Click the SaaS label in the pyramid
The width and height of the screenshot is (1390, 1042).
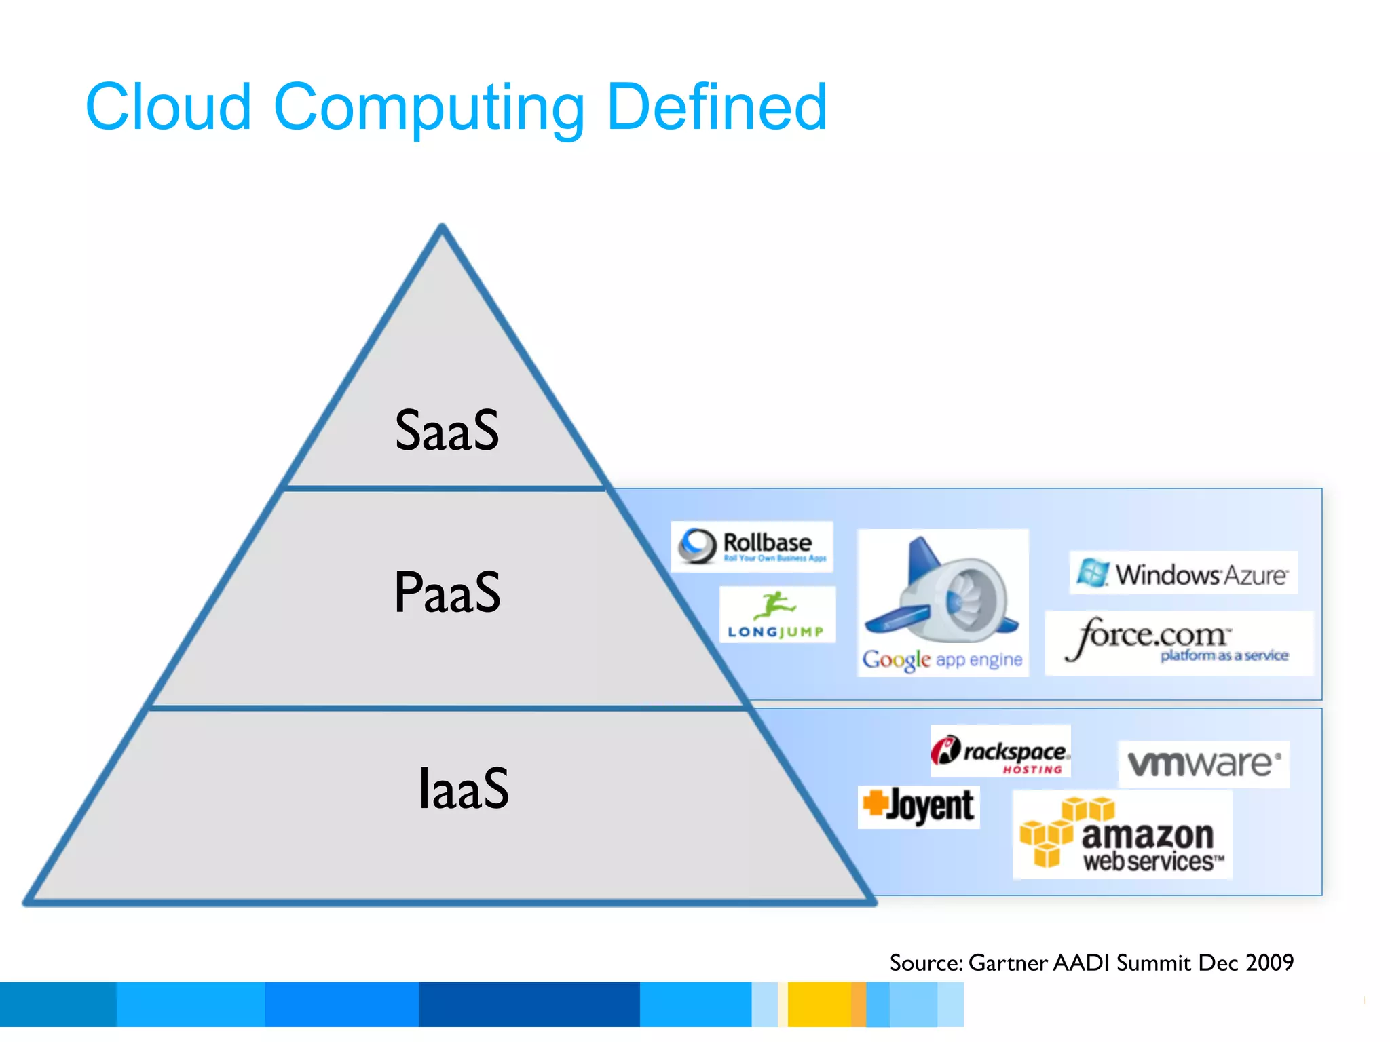point(447,430)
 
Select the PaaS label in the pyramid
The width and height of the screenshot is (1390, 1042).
point(447,592)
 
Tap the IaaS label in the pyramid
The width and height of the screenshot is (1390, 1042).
point(464,788)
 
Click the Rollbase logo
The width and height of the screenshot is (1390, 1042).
point(752,546)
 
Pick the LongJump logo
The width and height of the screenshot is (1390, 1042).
point(777,615)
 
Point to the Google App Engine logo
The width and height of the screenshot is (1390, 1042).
point(943,602)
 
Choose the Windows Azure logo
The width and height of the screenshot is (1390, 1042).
point(1183,573)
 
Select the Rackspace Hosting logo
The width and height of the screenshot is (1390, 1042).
point(1000,752)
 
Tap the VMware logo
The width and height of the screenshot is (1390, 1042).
point(1203,764)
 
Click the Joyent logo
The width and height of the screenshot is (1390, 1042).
point(918,807)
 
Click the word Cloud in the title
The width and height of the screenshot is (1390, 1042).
point(168,107)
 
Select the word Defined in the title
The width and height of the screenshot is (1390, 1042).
point(717,107)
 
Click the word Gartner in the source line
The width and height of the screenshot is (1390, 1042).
point(1008,963)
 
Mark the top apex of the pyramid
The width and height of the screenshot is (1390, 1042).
point(442,227)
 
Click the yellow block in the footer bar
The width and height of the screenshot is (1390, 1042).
point(819,1004)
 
